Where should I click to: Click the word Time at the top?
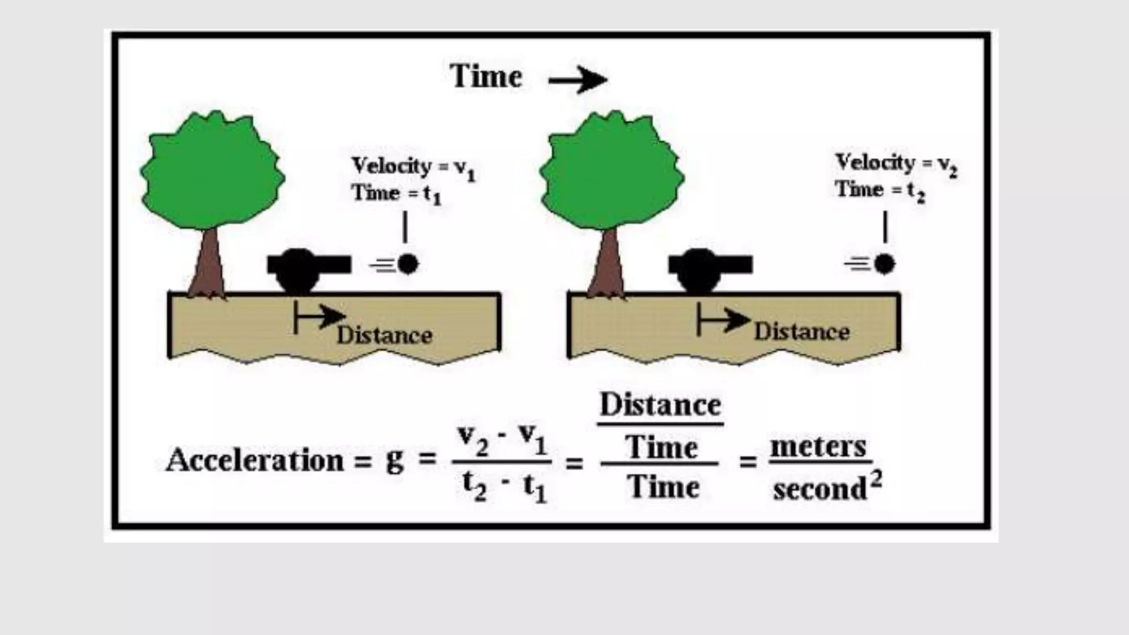(x=486, y=76)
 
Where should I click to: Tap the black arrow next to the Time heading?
(x=578, y=80)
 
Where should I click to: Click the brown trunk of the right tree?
(x=607, y=265)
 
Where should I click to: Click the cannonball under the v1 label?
(x=408, y=264)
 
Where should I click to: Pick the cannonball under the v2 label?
(x=884, y=264)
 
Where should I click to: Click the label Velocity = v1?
(x=413, y=166)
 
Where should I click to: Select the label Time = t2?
(x=880, y=190)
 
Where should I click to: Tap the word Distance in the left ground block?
(x=384, y=335)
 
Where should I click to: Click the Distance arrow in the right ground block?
(x=722, y=320)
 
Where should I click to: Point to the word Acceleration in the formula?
(x=255, y=460)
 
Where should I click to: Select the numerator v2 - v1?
(x=502, y=440)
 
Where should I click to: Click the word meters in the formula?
(x=818, y=446)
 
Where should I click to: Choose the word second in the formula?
(x=820, y=488)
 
